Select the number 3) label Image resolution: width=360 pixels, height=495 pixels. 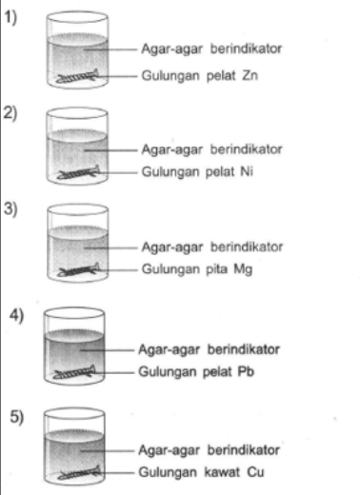click(11, 210)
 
